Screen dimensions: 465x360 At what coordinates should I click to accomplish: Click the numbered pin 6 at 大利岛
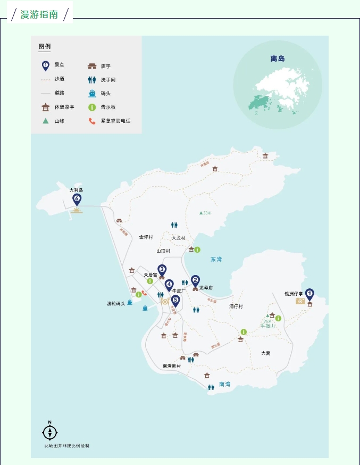tap(77, 200)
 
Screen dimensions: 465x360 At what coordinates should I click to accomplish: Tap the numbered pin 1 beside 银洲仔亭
tap(309, 293)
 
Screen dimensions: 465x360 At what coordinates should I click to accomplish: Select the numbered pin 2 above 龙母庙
tap(195, 280)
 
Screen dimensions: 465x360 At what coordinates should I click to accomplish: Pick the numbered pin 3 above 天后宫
tap(162, 270)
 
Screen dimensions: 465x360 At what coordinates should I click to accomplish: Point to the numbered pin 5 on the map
tap(175, 300)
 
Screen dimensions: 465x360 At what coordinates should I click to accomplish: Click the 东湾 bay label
tap(216, 260)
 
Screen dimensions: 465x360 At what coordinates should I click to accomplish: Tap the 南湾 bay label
tap(225, 384)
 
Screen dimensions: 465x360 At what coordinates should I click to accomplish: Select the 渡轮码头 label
tap(115, 304)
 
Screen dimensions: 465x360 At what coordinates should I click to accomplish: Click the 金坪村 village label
tap(146, 237)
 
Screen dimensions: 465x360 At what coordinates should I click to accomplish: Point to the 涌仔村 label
tap(236, 306)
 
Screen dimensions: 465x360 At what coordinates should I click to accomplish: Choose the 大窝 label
tap(266, 353)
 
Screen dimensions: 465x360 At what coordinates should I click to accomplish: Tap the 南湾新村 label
tap(172, 366)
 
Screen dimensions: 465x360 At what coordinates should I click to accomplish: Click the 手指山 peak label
tap(267, 326)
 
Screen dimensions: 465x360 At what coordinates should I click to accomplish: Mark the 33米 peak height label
tap(205, 213)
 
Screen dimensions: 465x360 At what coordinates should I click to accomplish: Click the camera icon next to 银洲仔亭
tap(300, 301)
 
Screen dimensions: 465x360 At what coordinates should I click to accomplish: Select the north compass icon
tap(49, 432)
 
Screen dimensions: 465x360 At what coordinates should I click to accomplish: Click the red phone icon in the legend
tap(92, 121)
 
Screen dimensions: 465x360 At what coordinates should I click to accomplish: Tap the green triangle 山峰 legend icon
tap(46, 121)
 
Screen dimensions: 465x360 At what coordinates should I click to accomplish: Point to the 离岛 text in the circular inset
tap(278, 59)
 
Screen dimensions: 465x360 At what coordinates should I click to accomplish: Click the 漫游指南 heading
tap(39, 14)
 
